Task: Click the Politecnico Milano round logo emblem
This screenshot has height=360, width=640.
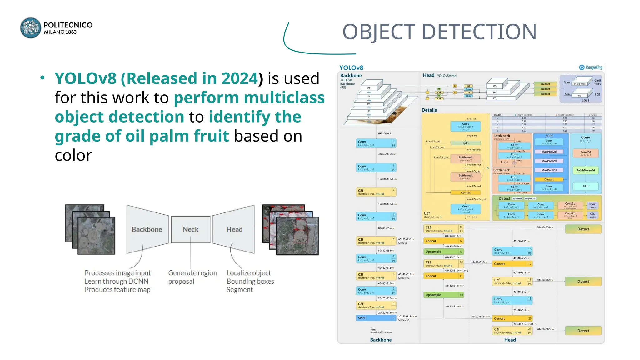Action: (31, 28)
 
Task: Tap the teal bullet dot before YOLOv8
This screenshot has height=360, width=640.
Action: (42, 78)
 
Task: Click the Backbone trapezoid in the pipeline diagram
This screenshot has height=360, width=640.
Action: (147, 229)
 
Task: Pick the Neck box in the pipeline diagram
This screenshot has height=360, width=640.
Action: (191, 229)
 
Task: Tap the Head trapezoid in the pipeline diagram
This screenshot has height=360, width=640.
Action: (234, 229)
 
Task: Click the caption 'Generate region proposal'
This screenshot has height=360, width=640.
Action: (192, 277)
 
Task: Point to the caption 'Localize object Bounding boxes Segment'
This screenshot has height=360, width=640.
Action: (250, 281)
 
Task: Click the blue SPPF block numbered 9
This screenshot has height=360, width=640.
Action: (376, 318)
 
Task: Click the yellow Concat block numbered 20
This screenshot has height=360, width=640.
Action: (512, 318)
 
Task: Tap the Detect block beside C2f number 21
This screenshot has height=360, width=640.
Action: (583, 331)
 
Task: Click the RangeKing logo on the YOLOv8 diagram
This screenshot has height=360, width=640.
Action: (591, 67)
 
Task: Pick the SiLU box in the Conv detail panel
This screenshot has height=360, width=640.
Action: (585, 186)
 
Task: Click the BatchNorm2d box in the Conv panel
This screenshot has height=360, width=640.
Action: (585, 170)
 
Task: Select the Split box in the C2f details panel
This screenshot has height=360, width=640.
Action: (465, 143)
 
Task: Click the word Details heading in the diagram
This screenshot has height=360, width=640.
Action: (429, 110)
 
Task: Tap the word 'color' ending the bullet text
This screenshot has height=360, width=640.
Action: (73, 155)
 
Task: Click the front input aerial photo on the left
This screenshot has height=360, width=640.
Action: (96, 236)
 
